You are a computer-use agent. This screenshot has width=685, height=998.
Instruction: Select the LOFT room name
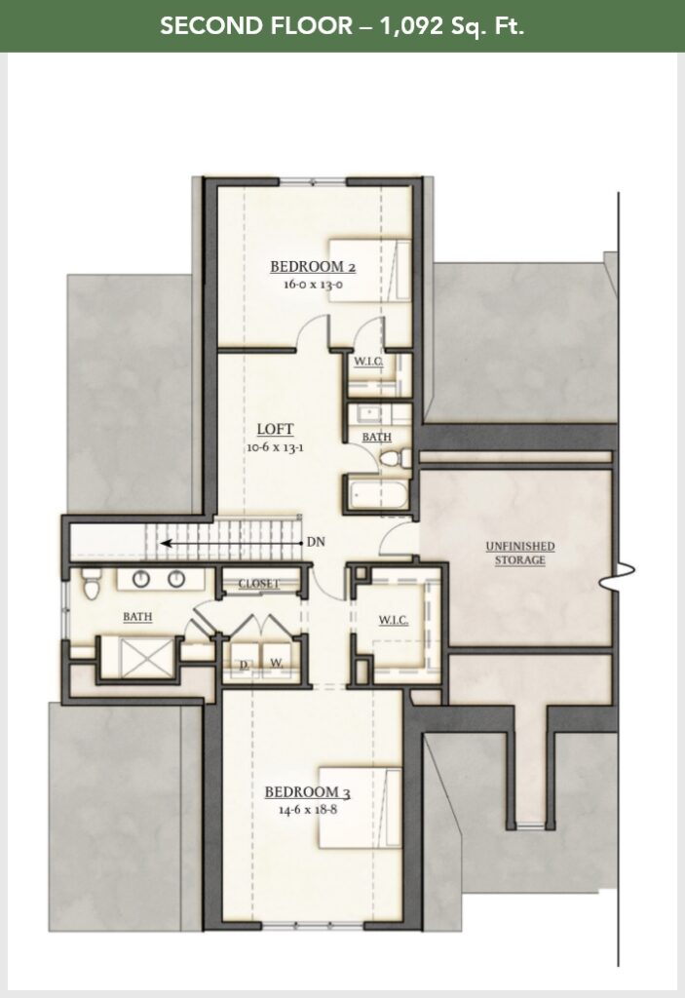coord(275,429)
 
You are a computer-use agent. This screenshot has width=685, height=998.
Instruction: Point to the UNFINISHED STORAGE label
coord(520,553)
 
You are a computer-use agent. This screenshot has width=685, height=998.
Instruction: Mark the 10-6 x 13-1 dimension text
coord(276,447)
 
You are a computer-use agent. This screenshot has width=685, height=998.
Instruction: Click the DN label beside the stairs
coord(316,543)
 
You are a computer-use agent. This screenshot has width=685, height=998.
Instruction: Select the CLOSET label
coord(258,584)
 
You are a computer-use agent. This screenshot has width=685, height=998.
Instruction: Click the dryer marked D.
coord(244,665)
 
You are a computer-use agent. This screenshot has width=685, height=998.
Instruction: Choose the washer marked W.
coord(277,665)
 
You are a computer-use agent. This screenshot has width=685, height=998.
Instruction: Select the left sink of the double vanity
coord(140,579)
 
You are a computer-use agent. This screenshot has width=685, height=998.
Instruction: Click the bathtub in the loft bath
coord(375,495)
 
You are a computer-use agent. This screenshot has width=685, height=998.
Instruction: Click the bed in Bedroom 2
coord(365,270)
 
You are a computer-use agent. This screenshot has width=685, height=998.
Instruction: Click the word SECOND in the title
coord(203,26)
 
